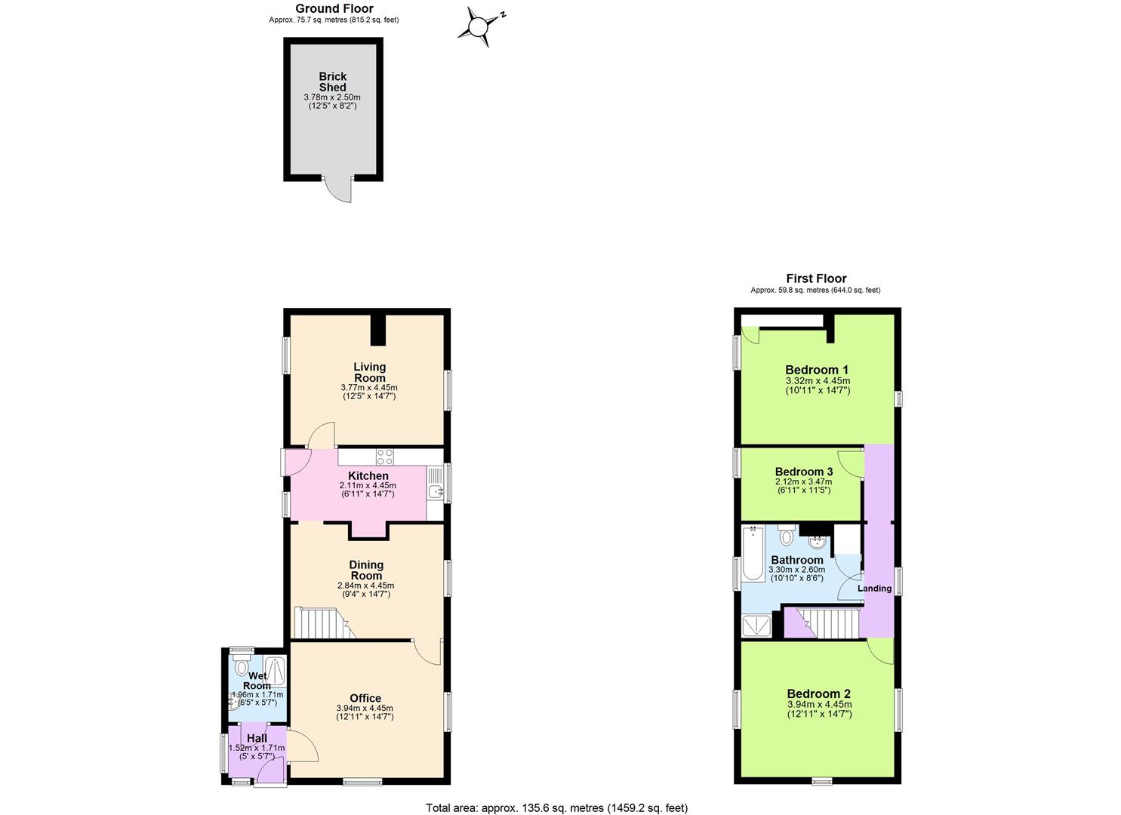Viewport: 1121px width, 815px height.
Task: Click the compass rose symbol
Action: [x=479, y=27]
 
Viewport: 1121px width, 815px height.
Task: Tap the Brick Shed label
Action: [x=332, y=81]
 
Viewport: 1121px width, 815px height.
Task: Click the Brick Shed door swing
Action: [x=340, y=190]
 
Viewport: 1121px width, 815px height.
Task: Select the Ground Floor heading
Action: [x=334, y=9]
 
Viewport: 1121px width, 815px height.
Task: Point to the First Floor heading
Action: [x=816, y=278]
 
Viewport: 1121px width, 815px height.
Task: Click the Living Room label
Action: [x=369, y=372]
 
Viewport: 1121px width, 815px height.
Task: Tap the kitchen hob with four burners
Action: [x=385, y=456]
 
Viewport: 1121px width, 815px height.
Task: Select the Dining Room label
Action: [x=366, y=570]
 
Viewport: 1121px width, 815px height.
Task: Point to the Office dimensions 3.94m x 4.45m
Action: [x=365, y=709]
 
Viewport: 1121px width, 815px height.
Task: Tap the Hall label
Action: [x=257, y=738]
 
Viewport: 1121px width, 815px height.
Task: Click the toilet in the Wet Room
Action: [x=242, y=666]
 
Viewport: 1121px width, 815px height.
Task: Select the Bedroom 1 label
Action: [x=817, y=370]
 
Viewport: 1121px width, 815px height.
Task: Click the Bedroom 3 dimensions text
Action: [x=803, y=486]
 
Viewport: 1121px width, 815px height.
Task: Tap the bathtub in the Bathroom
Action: [x=753, y=555]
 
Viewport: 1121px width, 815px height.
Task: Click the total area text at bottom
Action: [x=556, y=808]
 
